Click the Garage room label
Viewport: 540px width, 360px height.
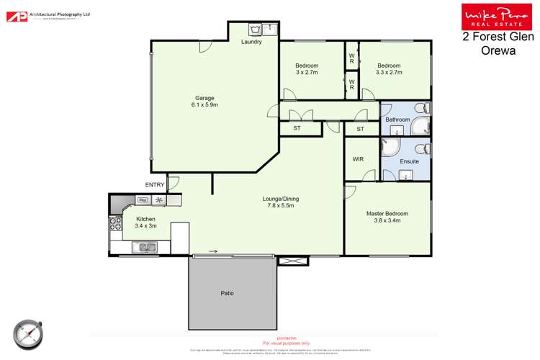tap(204, 98)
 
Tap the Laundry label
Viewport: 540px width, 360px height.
tap(251, 42)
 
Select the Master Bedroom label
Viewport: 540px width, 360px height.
tap(387, 214)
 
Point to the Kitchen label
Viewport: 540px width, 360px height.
tap(146, 219)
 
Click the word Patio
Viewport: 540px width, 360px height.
tap(227, 293)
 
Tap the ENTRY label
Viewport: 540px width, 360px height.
tap(155, 185)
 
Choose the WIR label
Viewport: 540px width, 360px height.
tap(359, 159)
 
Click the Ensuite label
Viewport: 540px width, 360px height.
tap(409, 161)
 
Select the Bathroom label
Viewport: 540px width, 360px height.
tap(397, 120)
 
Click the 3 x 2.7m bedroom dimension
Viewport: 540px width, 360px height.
tap(307, 73)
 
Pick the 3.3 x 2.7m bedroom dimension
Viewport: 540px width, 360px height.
tap(389, 73)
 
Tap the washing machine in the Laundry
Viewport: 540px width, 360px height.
tap(255, 30)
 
